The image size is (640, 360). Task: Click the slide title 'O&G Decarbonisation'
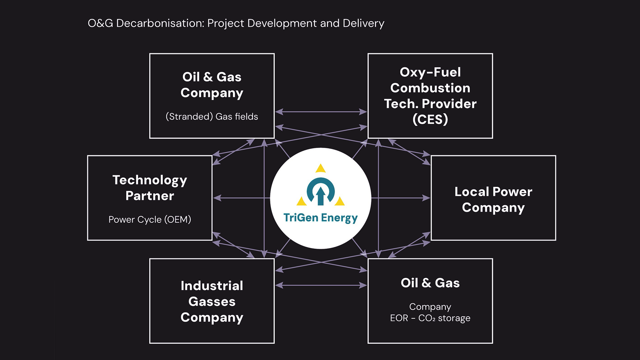(146, 23)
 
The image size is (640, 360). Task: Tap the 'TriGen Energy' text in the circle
(320, 218)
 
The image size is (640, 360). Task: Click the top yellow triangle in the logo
(321, 168)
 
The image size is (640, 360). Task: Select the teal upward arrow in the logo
(321, 196)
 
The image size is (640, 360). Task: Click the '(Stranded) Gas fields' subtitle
(212, 117)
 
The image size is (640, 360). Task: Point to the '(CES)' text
(430, 119)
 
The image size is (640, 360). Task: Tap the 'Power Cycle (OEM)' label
(150, 220)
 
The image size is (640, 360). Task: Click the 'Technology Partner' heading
(150, 188)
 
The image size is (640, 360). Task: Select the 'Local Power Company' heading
(493, 199)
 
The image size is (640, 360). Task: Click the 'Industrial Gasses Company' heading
(212, 301)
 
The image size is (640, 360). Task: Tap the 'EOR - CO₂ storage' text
(430, 318)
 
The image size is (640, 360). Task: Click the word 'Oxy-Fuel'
(430, 72)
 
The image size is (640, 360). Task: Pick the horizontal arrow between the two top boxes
(321, 112)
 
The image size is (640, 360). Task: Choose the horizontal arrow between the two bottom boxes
(321, 285)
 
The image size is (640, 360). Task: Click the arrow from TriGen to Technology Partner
(242, 198)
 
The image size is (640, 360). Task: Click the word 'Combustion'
(430, 88)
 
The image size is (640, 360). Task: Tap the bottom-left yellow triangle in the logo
(301, 202)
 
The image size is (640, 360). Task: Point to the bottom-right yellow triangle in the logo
(340, 202)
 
